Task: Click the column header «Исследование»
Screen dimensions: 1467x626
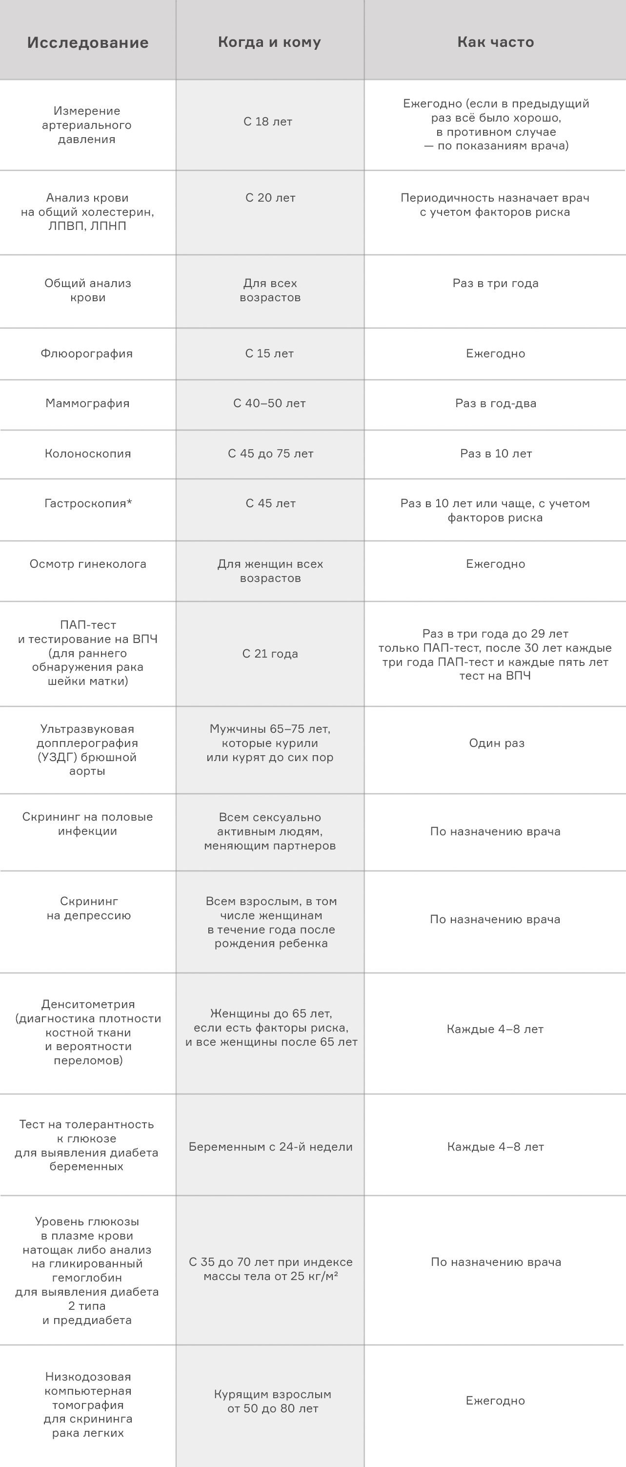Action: (x=88, y=42)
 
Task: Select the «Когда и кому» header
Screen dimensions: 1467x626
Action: (x=269, y=42)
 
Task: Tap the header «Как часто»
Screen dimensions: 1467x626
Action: (x=495, y=42)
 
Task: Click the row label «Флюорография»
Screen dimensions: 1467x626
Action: (x=86, y=353)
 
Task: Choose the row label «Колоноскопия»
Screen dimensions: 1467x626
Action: (x=88, y=454)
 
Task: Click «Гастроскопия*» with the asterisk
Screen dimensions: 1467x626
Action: (x=88, y=503)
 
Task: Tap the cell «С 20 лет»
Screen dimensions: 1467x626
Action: (x=270, y=198)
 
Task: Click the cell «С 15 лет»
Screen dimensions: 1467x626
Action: (x=269, y=353)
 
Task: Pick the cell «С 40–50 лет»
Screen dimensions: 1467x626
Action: (x=269, y=404)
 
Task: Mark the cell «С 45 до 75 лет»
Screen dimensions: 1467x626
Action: (x=270, y=454)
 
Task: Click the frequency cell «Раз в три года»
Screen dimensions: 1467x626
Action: (x=495, y=284)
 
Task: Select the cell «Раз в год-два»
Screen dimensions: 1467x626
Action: (x=495, y=404)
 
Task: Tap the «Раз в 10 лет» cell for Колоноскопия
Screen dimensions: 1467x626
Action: (x=496, y=454)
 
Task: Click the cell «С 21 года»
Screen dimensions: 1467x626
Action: (x=270, y=654)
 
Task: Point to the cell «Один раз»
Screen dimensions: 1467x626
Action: (x=496, y=743)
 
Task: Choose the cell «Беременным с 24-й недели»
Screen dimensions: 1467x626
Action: (x=270, y=1147)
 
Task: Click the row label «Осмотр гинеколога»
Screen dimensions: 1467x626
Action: (x=88, y=564)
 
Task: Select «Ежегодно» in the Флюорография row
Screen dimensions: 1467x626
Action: (x=495, y=353)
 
